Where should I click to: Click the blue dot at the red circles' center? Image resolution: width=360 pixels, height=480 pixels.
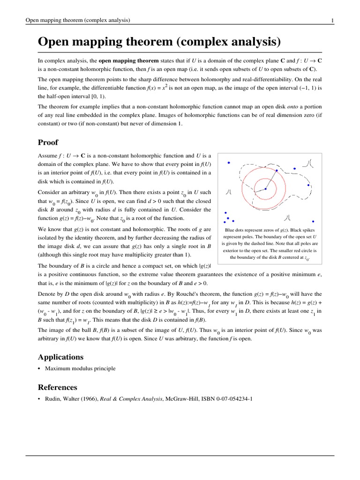click(266, 189)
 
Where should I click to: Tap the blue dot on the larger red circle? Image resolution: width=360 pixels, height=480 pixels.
click(277, 171)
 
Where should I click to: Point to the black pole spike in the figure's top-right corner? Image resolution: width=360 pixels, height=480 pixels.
click(308, 164)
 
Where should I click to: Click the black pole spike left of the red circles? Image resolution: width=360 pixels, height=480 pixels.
click(228, 192)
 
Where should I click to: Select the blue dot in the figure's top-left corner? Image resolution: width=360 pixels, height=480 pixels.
click(229, 163)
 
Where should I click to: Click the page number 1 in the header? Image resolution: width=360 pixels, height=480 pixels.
click(332, 20)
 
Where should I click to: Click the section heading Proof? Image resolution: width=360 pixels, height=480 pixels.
click(48, 142)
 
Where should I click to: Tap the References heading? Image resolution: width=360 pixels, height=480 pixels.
click(57, 387)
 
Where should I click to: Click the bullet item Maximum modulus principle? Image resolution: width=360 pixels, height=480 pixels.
click(80, 369)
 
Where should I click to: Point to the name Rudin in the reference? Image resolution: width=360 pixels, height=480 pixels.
click(53, 399)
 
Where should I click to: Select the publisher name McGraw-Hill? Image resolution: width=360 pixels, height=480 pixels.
click(183, 399)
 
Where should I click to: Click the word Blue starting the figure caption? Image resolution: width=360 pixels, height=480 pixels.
click(231, 230)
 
